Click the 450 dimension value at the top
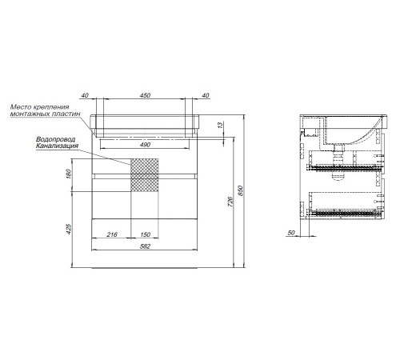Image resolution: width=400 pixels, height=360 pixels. (145, 95)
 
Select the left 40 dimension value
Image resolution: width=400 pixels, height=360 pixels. (85, 95)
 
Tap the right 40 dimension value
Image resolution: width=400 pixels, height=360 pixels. (206, 95)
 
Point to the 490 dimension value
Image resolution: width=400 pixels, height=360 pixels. (145, 145)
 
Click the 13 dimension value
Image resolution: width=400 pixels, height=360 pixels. (220, 125)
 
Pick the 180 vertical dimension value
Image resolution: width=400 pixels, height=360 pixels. (69, 174)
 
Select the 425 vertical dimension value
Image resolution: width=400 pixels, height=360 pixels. (69, 230)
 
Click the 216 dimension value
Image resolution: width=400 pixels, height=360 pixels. (112, 234)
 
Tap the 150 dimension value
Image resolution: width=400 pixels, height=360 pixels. (145, 234)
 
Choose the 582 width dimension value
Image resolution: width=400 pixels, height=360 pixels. (145, 246)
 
